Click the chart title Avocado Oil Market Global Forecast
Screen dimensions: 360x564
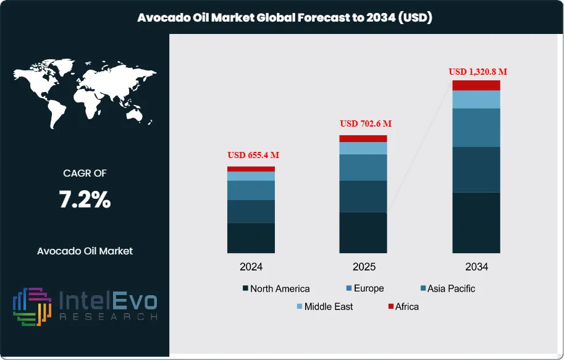[x=284, y=18]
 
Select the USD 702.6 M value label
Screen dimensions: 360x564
[x=366, y=123]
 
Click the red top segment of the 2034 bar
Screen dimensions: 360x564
[x=476, y=85]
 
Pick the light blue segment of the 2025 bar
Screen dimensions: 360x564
[x=363, y=148]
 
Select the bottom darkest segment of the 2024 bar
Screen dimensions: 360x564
[x=251, y=238]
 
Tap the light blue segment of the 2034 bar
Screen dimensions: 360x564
[x=476, y=99]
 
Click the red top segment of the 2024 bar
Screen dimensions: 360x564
[x=251, y=169]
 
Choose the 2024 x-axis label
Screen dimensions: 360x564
[x=251, y=267]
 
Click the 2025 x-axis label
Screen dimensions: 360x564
[x=363, y=267]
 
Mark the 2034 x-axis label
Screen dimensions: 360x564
[x=476, y=267]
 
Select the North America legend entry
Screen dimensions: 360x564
[x=276, y=288]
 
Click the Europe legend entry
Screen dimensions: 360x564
[x=364, y=288]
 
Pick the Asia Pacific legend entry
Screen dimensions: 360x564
[x=447, y=288]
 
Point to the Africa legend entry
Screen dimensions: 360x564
[x=403, y=306]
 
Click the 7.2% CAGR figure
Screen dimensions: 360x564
[x=85, y=199]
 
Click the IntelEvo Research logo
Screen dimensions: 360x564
[x=85, y=306]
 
